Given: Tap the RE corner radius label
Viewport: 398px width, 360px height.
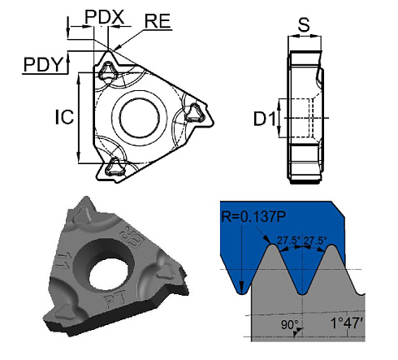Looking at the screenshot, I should (158, 20).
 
